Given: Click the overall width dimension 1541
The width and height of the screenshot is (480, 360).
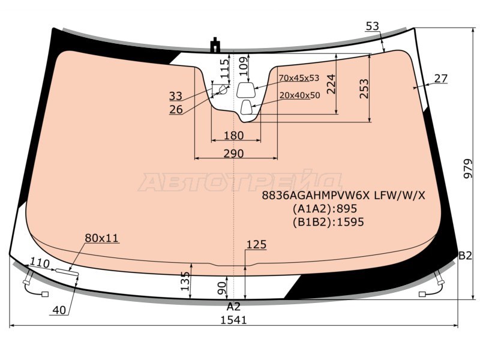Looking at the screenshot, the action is tap(233, 320).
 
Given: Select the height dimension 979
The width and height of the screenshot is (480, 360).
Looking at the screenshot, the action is tap(468, 169).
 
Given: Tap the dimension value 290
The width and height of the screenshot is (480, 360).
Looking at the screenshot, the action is tap(233, 154).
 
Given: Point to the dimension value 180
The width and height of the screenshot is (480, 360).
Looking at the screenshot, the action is tap(233, 136).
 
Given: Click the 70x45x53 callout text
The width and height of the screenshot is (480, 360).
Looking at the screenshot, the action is tap(299, 78).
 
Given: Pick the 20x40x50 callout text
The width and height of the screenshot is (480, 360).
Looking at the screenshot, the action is tap(299, 95).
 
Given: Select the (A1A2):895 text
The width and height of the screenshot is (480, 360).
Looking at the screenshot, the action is tap(325, 209).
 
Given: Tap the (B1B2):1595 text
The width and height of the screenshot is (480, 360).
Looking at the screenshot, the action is tap(328, 222).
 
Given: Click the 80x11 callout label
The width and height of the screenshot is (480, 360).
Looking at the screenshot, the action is tap(101, 238).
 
